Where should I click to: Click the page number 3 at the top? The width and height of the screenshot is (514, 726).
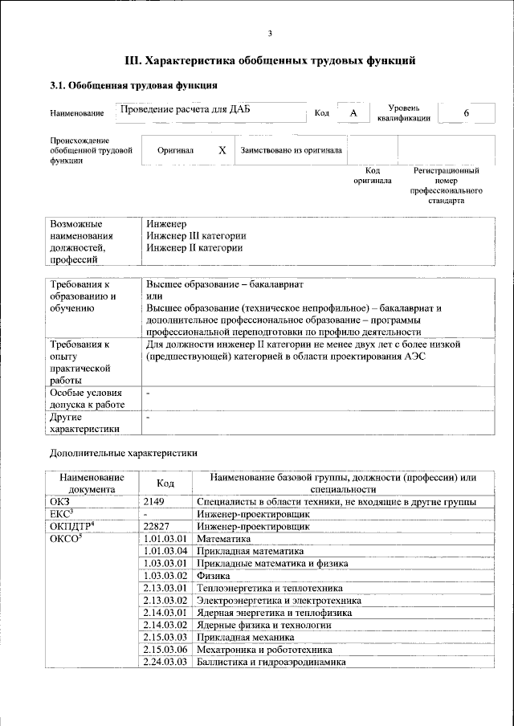(x=270, y=33)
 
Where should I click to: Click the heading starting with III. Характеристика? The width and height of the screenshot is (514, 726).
(x=270, y=60)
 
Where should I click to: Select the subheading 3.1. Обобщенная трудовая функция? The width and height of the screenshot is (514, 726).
(x=133, y=85)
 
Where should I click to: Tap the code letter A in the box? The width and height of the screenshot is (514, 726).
(x=353, y=113)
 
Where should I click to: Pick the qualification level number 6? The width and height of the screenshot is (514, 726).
(x=466, y=113)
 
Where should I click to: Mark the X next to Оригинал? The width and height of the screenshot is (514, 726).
(x=222, y=150)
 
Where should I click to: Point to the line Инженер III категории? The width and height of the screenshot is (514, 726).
(x=196, y=236)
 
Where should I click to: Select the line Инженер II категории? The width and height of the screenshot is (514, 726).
(x=194, y=248)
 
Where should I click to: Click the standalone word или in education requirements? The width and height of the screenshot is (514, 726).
(x=154, y=296)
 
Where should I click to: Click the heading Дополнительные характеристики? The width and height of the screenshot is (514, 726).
(x=124, y=452)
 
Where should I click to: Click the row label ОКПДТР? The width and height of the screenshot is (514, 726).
(x=72, y=526)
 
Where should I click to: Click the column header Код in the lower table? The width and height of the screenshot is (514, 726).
(x=165, y=483)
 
